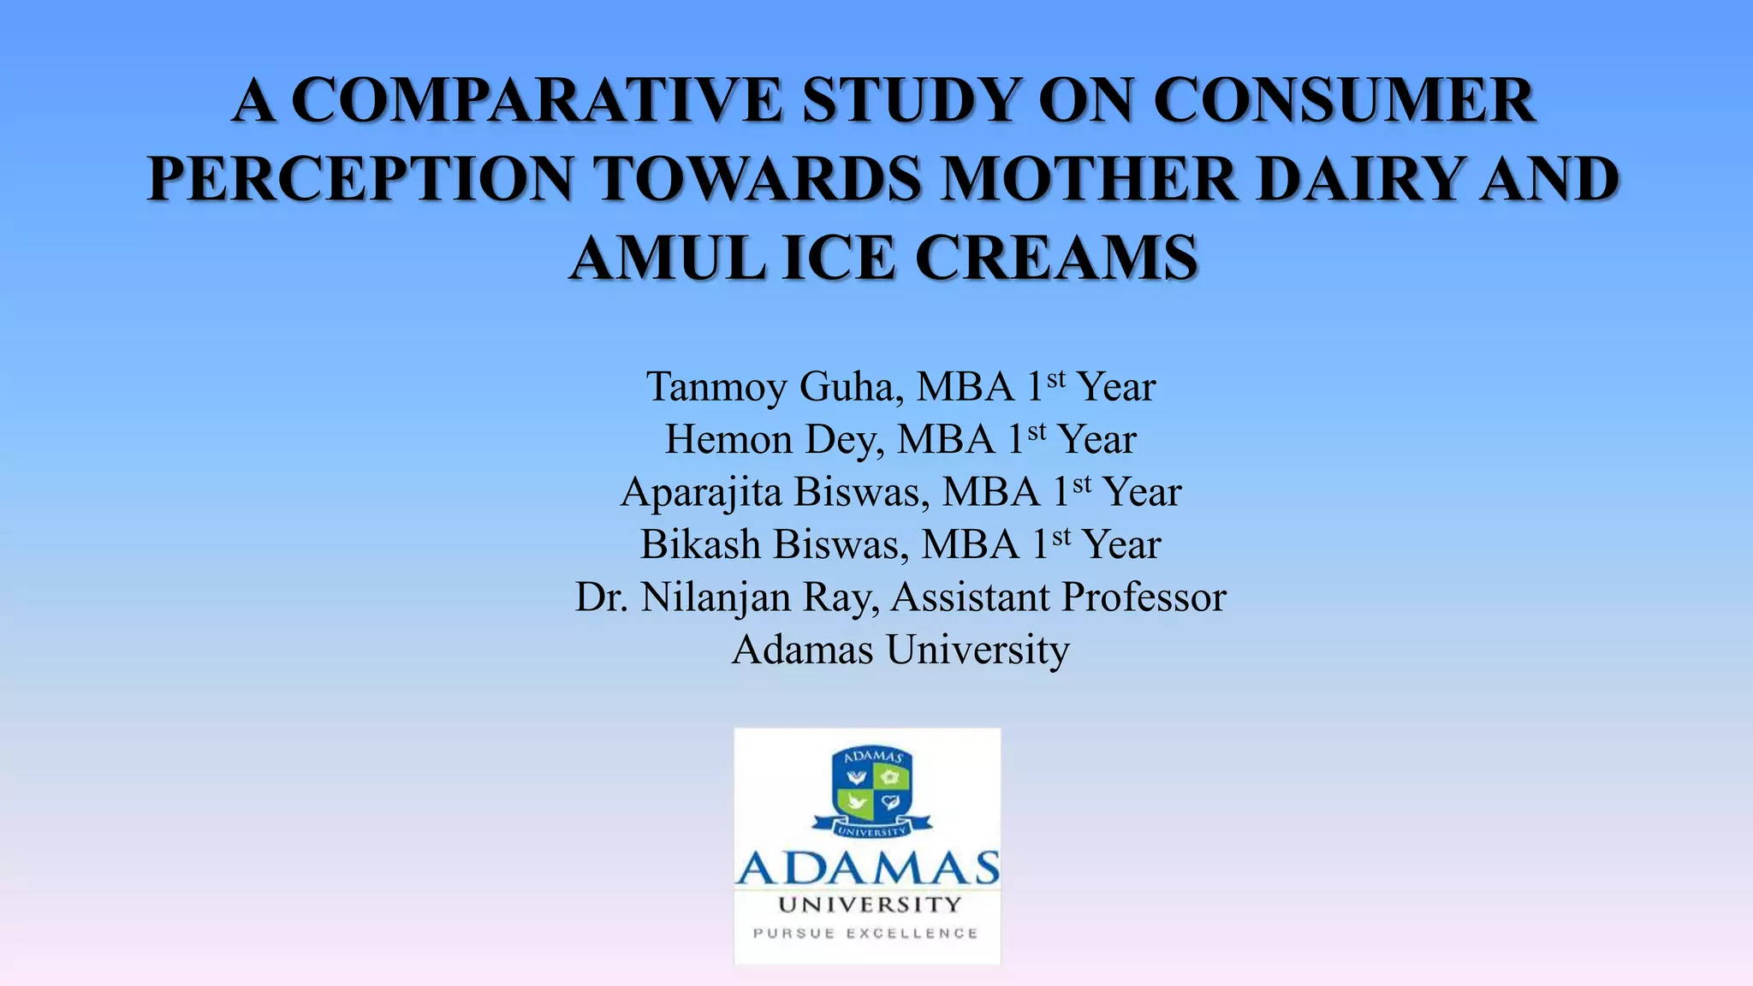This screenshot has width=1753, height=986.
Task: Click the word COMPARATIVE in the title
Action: tap(536, 101)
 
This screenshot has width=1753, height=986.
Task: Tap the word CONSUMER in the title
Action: tap(1344, 101)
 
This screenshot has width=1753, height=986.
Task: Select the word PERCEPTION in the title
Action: tap(360, 179)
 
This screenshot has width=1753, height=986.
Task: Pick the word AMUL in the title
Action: tap(667, 258)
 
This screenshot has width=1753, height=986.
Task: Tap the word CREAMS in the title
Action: tap(1056, 258)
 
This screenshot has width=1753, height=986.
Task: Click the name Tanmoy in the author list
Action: tap(716, 387)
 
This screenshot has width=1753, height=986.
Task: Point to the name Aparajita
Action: tap(701, 493)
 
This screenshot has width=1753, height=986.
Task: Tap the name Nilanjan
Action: tap(716, 597)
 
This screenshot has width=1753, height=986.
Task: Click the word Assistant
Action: tap(970, 597)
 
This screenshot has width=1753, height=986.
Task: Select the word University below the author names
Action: tap(978, 650)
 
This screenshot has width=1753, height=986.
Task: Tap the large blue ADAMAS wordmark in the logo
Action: tap(867, 869)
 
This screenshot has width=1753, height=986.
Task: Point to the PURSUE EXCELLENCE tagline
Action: tap(865, 933)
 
